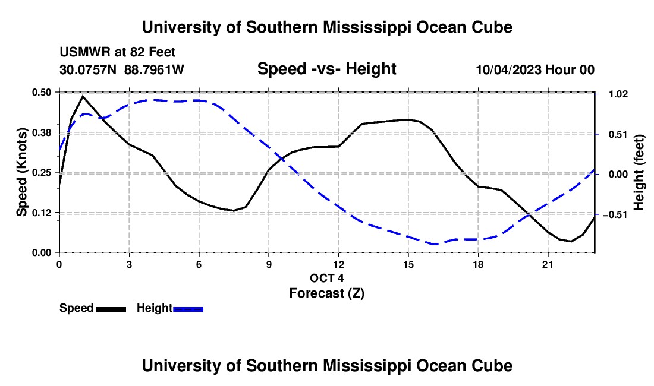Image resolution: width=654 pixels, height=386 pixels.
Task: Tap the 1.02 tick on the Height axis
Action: click(x=618, y=94)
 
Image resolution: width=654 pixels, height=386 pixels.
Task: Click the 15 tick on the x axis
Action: click(x=408, y=264)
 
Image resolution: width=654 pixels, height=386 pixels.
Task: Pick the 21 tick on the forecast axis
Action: click(x=548, y=264)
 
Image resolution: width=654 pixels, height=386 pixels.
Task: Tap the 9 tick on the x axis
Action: click(x=269, y=264)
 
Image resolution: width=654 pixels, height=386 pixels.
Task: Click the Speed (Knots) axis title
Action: click(x=21, y=172)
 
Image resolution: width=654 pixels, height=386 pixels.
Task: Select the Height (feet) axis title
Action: click(x=639, y=172)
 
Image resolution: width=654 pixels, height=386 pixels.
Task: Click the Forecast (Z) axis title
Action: click(x=326, y=293)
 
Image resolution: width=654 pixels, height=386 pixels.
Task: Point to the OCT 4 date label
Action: click(x=326, y=278)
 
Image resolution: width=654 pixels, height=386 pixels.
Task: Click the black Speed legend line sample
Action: click(x=111, y=309)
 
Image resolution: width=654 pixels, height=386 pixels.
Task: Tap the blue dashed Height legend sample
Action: click(x=188, y=309)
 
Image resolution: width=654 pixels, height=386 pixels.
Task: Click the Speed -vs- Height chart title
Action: click(x=326, y=69)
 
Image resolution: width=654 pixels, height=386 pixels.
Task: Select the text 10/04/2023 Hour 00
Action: click(x=535, y=69)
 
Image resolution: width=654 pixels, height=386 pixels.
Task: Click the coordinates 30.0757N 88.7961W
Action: click(x=122, y=69)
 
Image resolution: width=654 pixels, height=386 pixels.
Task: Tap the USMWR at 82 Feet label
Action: click(x=118, y=52)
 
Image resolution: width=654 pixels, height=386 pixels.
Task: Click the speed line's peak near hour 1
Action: click(x=83, y=96)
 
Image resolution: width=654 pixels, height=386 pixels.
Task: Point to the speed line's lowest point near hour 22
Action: click(x=571, y=241)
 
